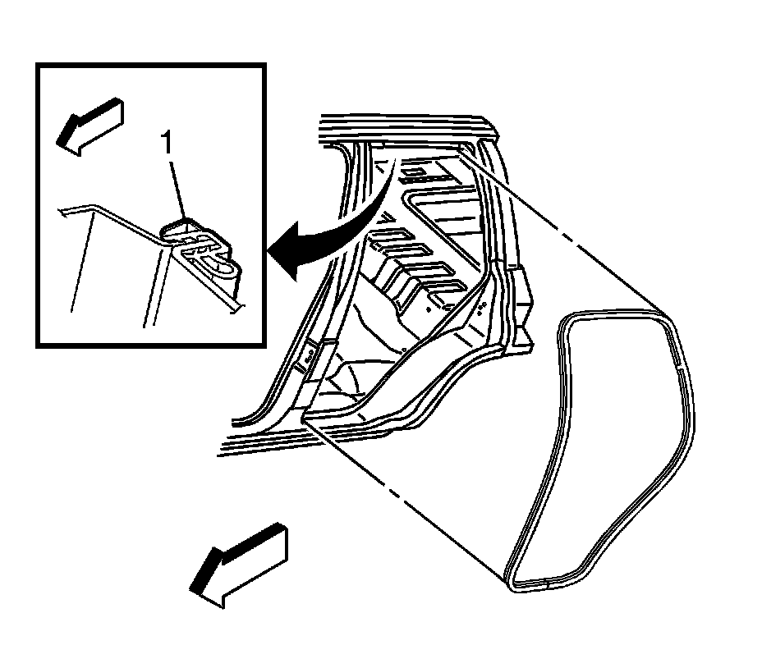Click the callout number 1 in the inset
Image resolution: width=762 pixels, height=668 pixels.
pos(168,144)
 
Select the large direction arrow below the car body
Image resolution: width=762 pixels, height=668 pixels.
pos(238,565)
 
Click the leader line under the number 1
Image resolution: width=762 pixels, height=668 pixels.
pos(176,189)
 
